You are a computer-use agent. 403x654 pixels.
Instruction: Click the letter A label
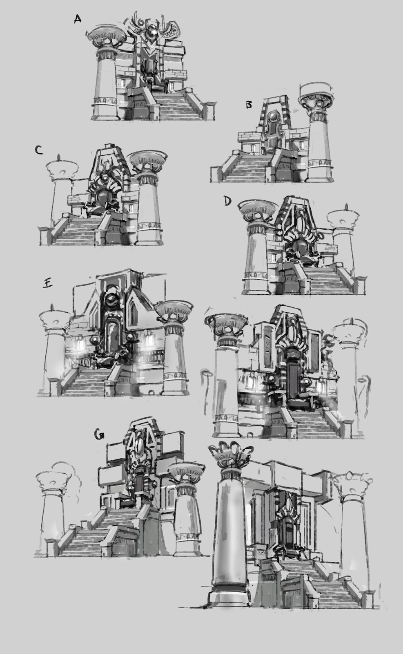[x=77, y=19]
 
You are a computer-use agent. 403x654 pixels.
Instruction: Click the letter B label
[x=249, y=105]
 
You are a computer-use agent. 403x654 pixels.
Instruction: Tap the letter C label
[x=39, y=150]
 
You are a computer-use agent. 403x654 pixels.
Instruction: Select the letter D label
[x=227, y=201]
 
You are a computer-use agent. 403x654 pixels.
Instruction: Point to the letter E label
[x=47, y=283]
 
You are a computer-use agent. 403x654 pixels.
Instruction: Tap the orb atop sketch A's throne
[x=151, y=29]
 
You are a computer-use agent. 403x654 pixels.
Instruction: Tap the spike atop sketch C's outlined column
[x=60, y=158]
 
